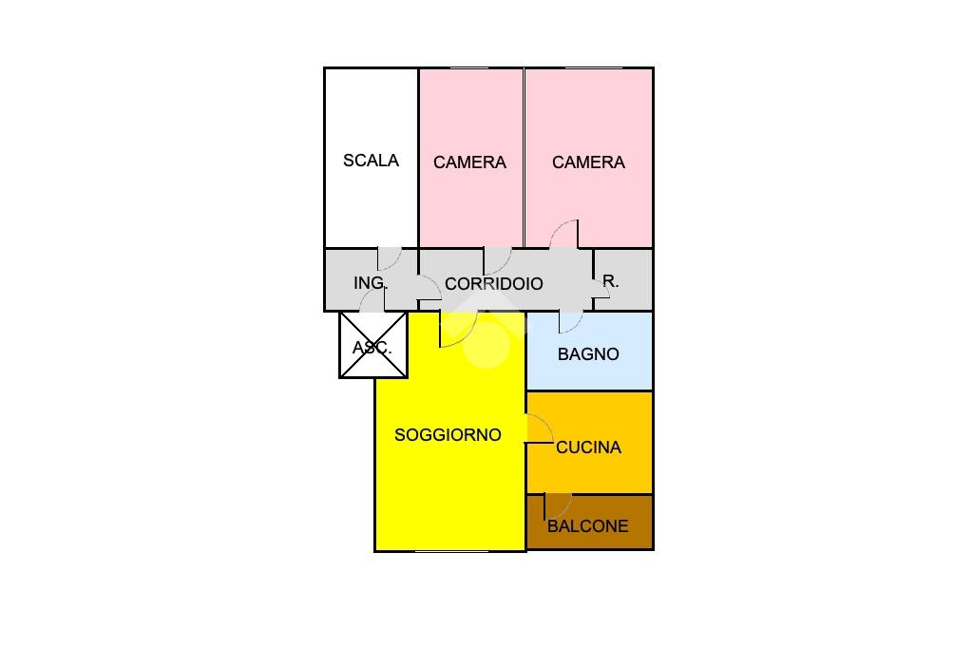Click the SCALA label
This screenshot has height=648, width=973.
click(372, 161)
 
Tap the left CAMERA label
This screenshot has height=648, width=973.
click(469, 162)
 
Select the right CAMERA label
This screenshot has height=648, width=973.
click(588, 162)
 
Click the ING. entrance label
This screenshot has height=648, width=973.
click(371, 283)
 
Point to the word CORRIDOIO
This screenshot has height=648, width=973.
click(494, 284)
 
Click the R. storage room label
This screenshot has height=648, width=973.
click(611, 281)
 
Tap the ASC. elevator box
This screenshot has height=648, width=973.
click(372, 345)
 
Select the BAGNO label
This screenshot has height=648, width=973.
click(588, 354)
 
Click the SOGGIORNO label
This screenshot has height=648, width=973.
click(448, 435)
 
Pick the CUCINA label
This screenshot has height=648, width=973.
click(588, 448)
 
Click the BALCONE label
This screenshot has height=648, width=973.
click(587, 526)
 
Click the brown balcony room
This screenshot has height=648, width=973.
click(589, 522)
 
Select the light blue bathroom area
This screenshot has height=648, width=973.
click(589, 351)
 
